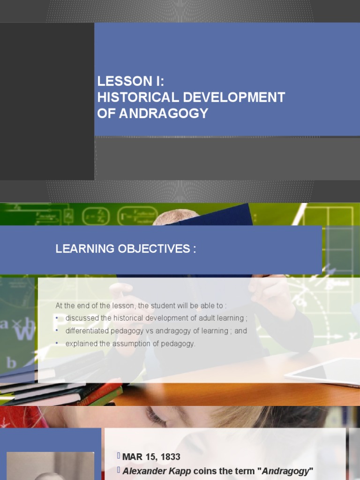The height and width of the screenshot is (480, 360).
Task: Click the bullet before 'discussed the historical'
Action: click(x=57, y=318)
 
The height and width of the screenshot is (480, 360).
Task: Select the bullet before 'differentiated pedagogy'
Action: click(x=57, y=331)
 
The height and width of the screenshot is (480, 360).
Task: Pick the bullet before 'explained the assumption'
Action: click(x=57, y=344)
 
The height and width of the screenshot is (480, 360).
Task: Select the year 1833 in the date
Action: click(x=170, y=457)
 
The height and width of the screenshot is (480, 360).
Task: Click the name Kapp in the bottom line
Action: click(x=181, y=471)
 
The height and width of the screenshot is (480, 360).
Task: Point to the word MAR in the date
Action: click(x=132, y=457)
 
